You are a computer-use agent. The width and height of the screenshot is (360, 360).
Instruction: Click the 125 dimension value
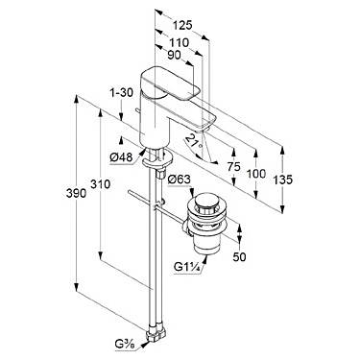182,25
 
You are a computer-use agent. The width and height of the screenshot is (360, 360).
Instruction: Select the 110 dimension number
180,42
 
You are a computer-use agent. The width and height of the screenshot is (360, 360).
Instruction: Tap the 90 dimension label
175,56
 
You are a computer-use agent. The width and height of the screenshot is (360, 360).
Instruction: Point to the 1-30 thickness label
121,93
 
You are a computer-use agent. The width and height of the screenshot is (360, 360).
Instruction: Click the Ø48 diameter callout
121,156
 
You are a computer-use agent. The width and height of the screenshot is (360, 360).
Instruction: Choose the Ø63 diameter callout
180,180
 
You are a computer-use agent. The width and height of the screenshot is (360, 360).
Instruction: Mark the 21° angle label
194,141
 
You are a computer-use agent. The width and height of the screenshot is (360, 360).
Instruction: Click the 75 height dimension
234,167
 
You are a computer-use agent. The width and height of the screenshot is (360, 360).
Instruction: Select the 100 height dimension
256,174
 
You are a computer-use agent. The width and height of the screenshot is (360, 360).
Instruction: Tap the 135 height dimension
283,180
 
